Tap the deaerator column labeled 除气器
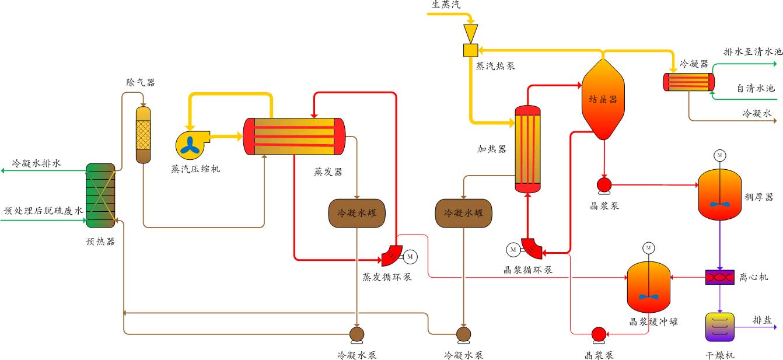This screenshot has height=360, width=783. coord(144,135)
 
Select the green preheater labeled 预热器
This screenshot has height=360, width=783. coord(100,195)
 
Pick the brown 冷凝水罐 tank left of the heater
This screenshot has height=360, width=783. coord(463,214)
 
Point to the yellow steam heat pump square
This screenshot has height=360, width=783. coord(470,51)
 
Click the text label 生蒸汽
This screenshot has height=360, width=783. coord(446,5)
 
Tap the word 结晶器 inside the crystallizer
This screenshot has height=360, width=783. coord(603,99)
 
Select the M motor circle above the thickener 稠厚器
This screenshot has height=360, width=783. coord(719,155)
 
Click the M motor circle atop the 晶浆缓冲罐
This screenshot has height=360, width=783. coord(649,248)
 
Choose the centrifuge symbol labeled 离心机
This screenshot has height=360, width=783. coord(719,278)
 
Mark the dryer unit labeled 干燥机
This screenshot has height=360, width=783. coord(719,327)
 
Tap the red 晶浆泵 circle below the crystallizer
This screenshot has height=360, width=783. coord(603,185)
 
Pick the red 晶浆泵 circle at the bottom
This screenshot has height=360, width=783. coord(599,334)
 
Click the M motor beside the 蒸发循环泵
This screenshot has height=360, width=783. coord(410,256)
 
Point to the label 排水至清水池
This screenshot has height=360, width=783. coord(752,52)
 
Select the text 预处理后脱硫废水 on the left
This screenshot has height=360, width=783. coord(44,211)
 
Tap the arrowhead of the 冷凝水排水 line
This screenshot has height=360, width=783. coord(4,170)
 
